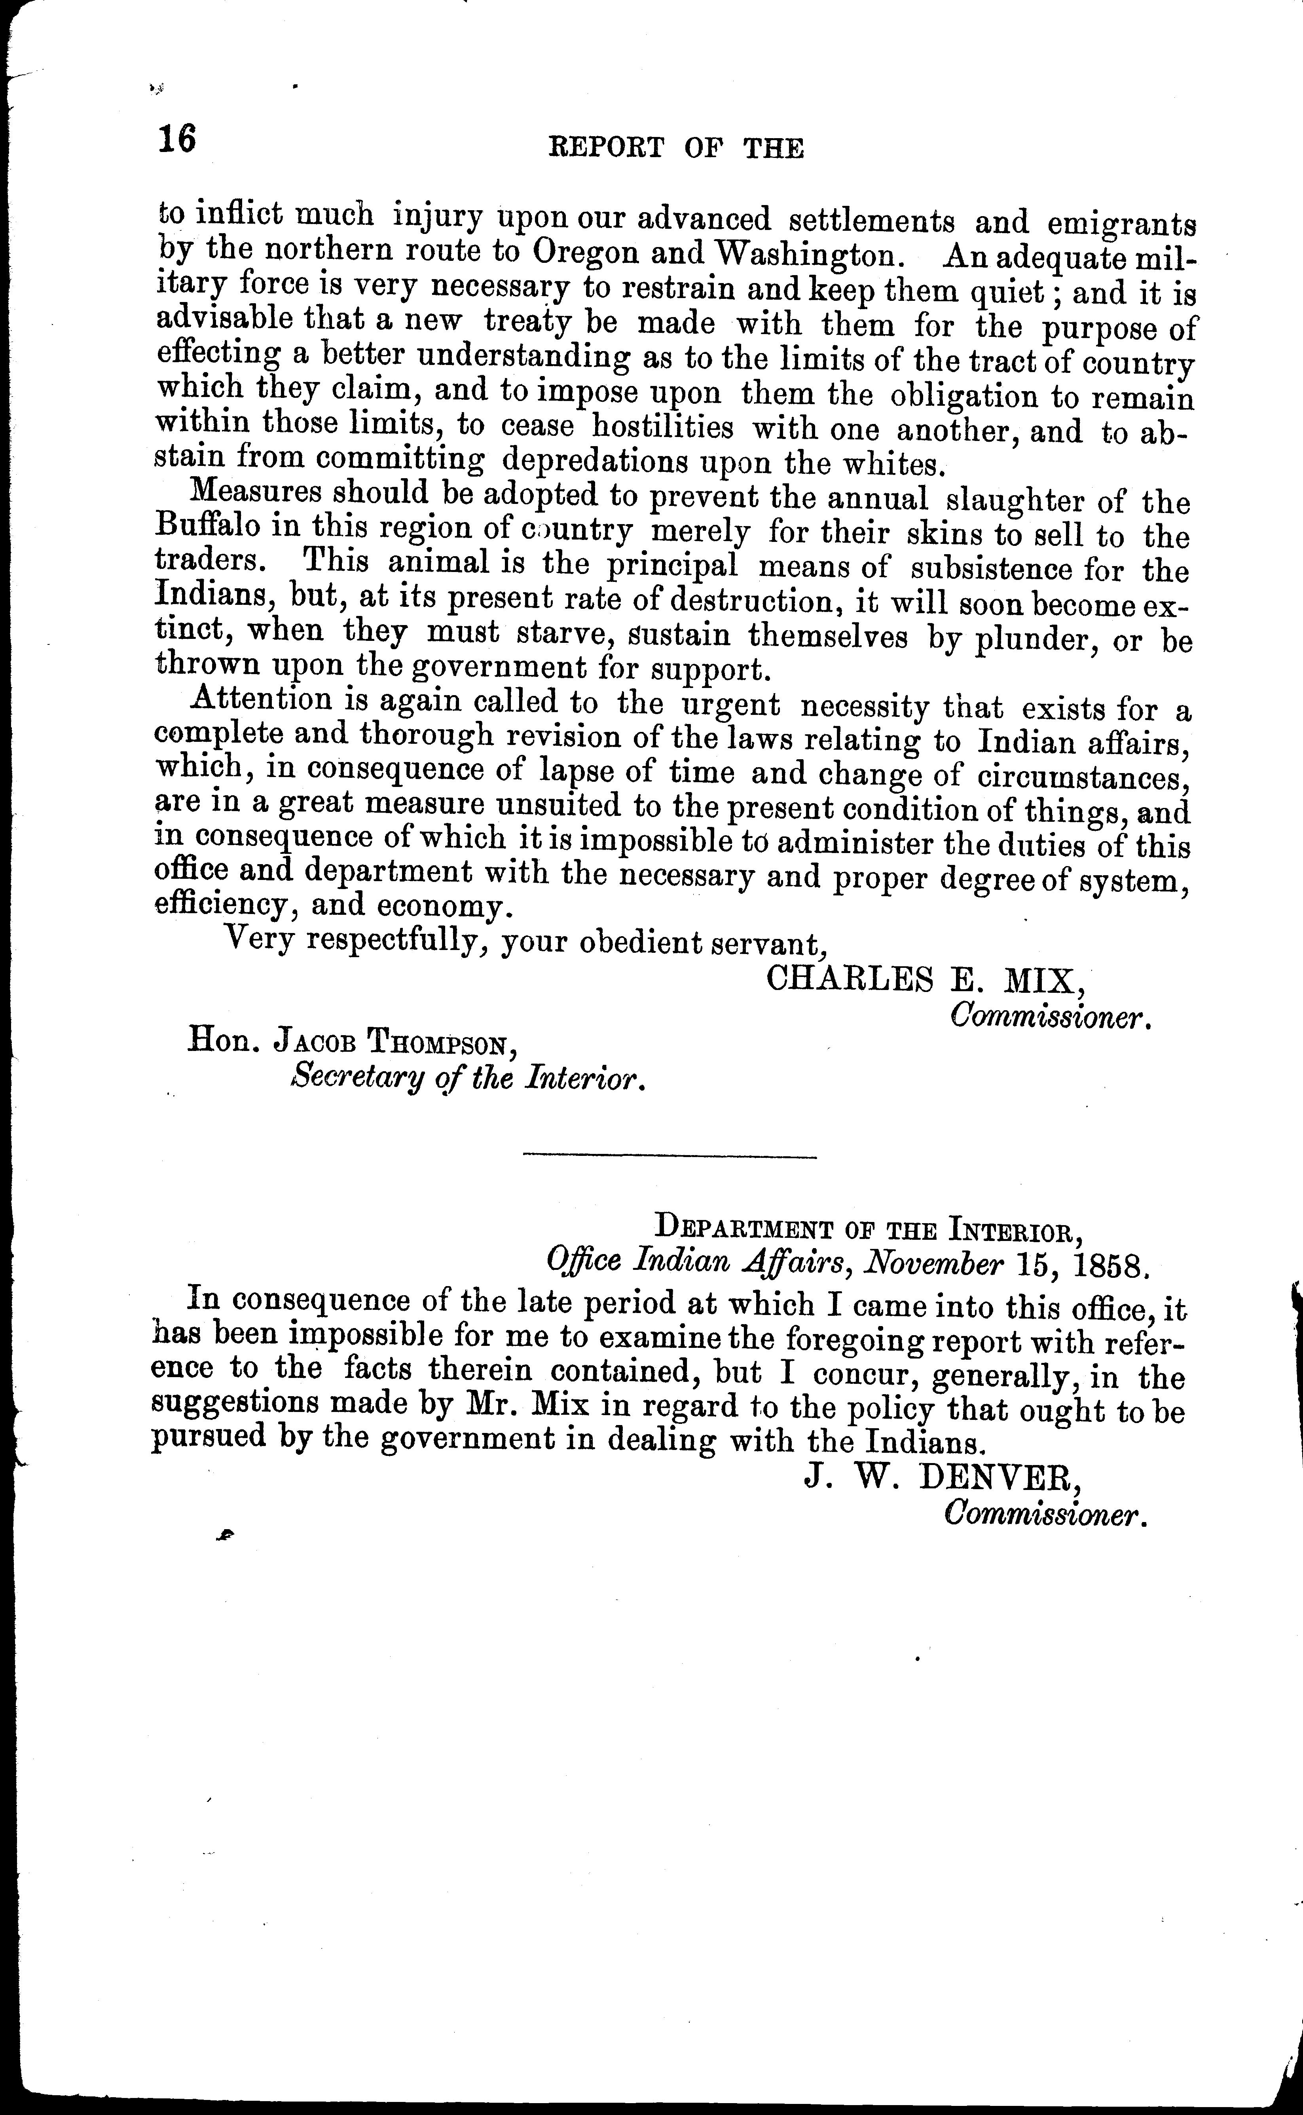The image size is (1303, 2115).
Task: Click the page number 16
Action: (178, 140)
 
